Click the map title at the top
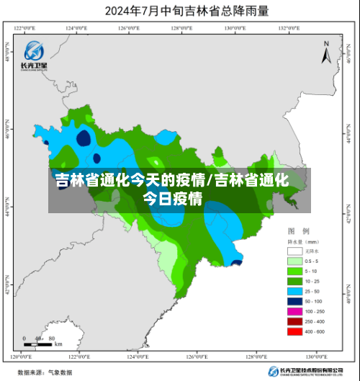pyautogui.click(x=179, y=11)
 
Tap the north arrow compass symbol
pyautogui.click(x=325, y=55)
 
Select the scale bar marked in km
pyautogui.click(x=40, y=341)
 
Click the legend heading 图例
pyautogui.click(x=298, y=232)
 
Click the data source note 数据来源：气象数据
pyautogui.click(x=45, y=372)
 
